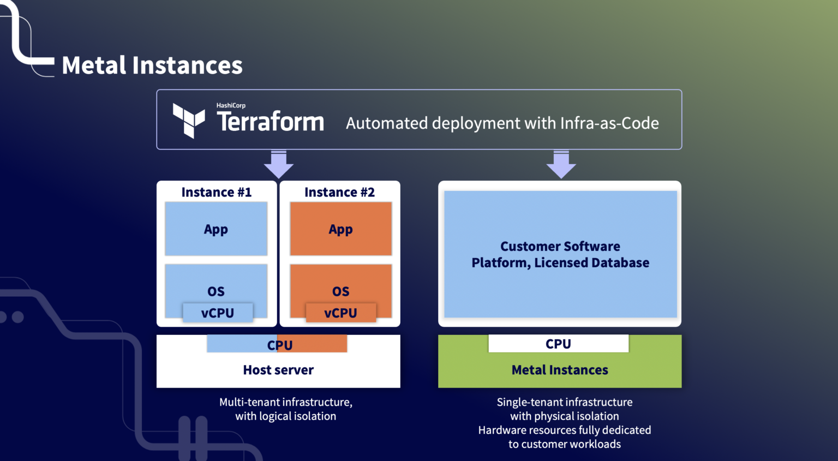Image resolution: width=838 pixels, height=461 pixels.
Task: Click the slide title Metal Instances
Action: point(152,65)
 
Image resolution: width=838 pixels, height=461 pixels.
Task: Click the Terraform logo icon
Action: point(189,120)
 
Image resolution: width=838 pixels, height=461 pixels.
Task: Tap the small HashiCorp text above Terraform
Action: point(231,105)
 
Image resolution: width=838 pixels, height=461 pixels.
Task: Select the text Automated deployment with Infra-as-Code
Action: point(502,123)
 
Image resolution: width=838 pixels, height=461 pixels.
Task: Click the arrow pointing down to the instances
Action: point(279,164)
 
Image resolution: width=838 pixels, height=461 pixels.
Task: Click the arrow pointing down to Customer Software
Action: point(561,164)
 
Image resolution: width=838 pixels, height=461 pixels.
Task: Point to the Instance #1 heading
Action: point(217,193)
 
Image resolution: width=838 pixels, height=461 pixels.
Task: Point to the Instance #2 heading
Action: point(339,193)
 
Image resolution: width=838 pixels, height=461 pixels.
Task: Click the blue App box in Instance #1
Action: point(216,229)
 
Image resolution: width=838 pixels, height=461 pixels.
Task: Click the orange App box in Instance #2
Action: point(341,229)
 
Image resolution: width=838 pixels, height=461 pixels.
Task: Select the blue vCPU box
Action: point(218,313)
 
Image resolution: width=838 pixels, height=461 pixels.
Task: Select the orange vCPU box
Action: point(341,313)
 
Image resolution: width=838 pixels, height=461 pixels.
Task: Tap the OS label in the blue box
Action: point(216,291)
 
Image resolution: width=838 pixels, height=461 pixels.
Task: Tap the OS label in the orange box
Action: point(341,291)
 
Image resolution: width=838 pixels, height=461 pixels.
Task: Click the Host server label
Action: point(278,370)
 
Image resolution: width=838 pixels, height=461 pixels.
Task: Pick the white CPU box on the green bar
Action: point(558,344)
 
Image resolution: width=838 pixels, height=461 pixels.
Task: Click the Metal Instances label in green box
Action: point(560,370)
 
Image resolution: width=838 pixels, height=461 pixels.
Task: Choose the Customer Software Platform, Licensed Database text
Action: point(560,255)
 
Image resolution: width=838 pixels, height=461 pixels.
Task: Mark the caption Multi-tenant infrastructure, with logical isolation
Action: point(286,409)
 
